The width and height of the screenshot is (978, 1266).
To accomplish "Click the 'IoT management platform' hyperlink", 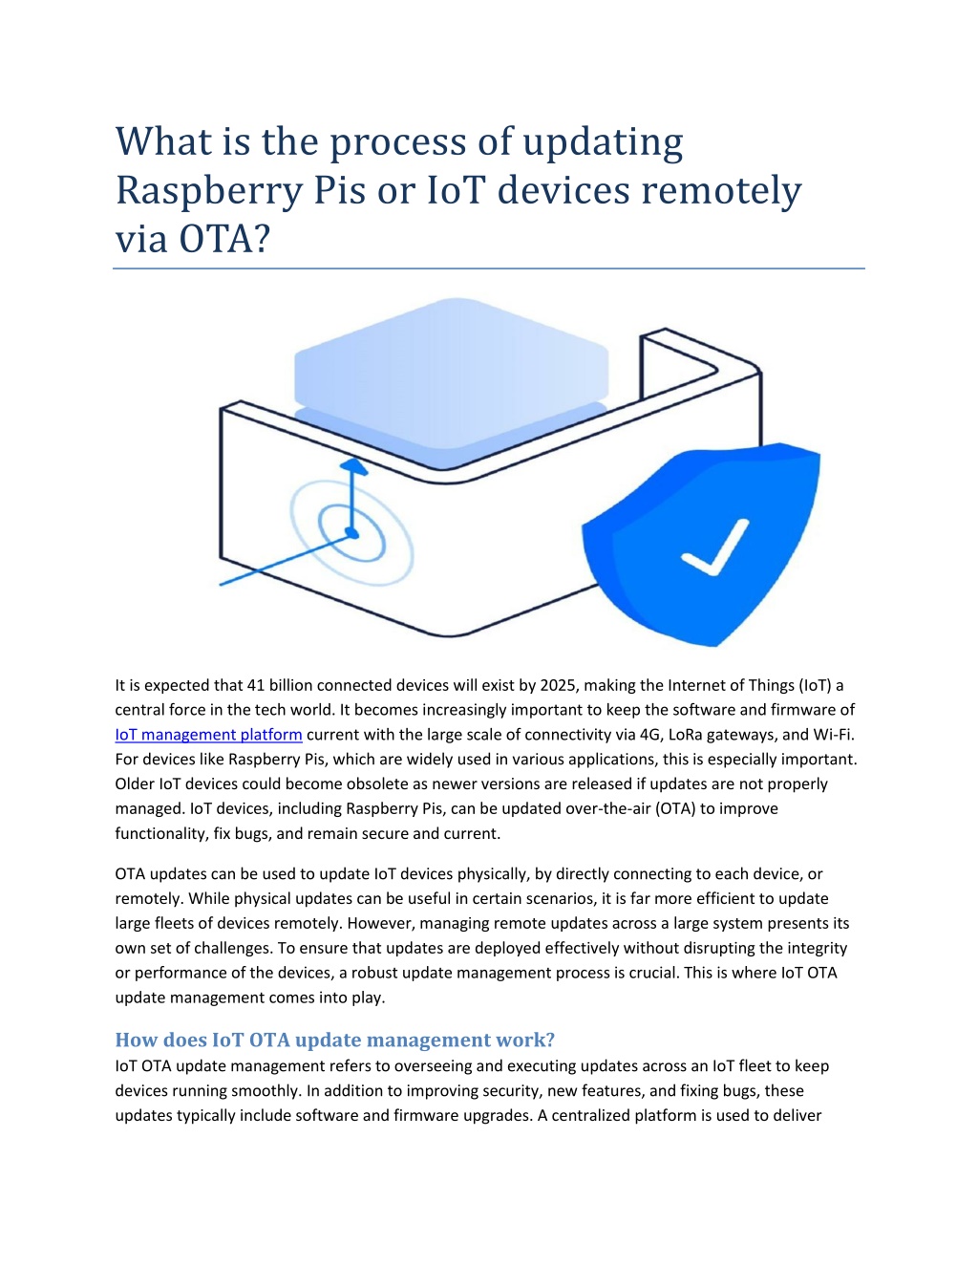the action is coord(208,734).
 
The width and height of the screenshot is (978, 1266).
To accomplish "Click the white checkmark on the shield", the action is coord(714,547).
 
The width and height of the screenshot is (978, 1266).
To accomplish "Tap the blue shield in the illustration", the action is coord(701,545).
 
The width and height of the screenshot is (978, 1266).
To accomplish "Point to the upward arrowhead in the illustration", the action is coord(353,466).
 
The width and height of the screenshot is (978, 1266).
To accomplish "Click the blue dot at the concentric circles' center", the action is coord(351,532).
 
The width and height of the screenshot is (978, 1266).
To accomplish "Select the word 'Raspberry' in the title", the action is coord(209,191).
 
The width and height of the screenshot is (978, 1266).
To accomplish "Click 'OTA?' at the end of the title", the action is coord(224,239).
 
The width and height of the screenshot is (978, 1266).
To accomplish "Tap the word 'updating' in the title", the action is coord(603,143).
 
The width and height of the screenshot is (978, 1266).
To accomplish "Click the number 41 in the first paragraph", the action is coord(256,684).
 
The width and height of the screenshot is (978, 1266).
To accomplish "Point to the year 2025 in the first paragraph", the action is coord(558,684).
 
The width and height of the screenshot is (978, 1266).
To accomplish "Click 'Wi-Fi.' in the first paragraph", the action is coord(834,734).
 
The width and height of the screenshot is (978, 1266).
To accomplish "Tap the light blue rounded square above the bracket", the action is coord(451,372).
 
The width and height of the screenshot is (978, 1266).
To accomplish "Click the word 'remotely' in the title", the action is coord(721,191).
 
